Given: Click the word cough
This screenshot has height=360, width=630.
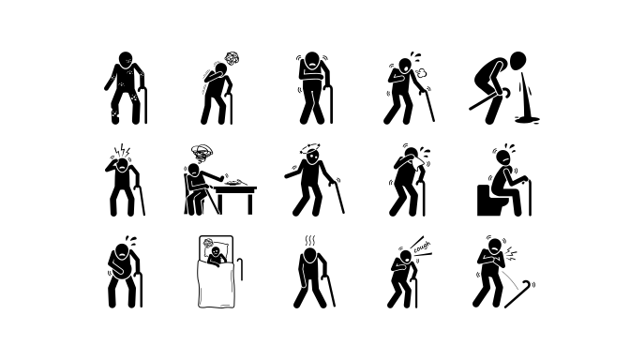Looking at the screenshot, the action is click(x=422, y=247).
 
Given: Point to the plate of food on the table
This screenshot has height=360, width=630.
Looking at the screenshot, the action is click(x=235, y=183).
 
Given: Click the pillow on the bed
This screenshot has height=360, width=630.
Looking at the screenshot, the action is click(x=217, y=247).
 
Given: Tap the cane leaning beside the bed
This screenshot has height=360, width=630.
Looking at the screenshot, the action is click(x=240, y=269).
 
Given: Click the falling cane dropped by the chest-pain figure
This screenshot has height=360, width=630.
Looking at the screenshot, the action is click(x=519, y=294).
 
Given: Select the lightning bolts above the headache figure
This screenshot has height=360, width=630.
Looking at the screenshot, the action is click(x=122, y=151).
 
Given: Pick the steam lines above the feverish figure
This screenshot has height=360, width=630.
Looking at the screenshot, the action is click(x=310, y=241).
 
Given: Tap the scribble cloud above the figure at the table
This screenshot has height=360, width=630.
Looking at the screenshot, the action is click(x=202, y=152).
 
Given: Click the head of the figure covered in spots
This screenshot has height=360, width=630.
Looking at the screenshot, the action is click(x=126, y=59).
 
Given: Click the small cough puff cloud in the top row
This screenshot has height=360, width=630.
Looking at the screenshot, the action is click(x=419, y=73).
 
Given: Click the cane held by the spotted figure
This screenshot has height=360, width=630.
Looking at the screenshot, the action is click(x=143, y=104).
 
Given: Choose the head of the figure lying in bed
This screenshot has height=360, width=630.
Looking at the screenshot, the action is click(x=216, y=251).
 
